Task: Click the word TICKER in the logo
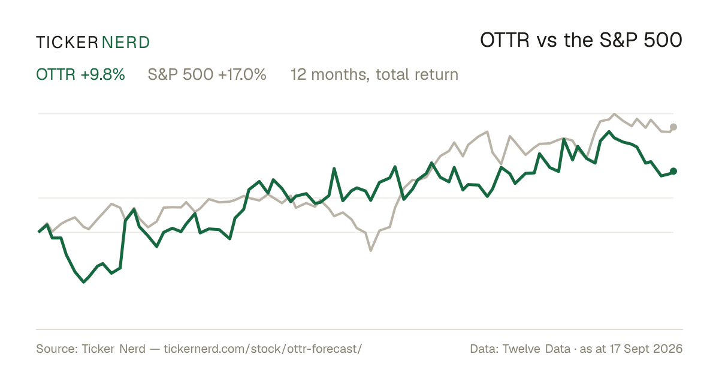pos(67,43)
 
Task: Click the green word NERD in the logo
pos(125,43)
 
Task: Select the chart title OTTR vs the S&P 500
pos(581,40)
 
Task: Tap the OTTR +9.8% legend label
pos(80,74)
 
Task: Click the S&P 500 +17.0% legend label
pos(207,74)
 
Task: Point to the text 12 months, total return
pos(374,75)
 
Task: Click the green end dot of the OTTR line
pos(673,172)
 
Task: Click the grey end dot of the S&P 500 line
pos(673,127)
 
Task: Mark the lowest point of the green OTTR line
pos(84,282)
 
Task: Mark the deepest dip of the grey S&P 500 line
pos(371,250)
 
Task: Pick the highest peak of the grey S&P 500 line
pos(614,114)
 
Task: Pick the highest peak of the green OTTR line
pos(609,131)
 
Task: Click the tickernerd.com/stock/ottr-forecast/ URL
pos(263,349)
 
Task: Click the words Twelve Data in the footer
pos(536,349)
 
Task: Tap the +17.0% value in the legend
pos(242,74)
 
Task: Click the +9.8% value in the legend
pos(102,74)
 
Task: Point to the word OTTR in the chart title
pos(504,40)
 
